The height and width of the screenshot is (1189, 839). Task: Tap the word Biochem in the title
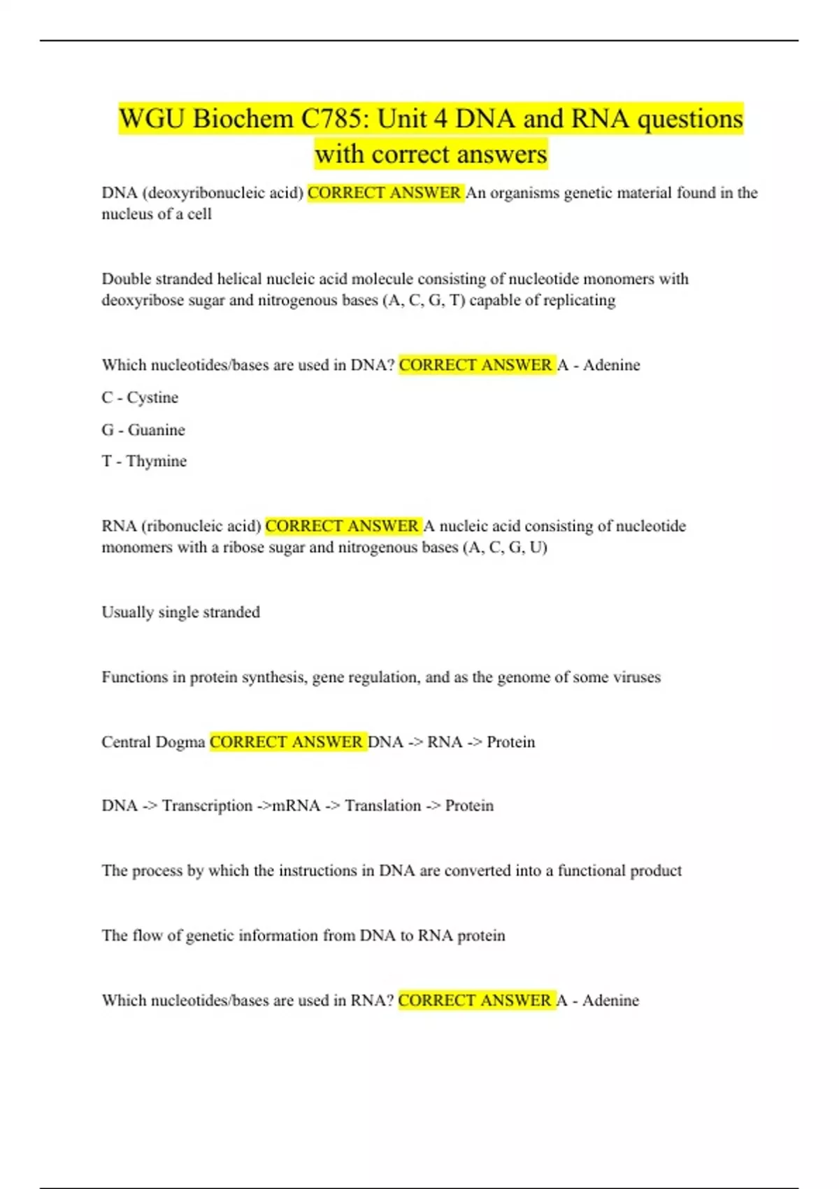(243, 119)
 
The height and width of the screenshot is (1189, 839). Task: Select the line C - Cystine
(140, 397)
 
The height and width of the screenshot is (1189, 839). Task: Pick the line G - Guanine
(143, 429)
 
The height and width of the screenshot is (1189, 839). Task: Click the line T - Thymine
(144, 461)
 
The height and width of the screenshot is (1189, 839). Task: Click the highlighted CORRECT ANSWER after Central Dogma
(287, 742)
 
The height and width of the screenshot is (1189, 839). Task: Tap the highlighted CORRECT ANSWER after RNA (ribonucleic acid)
(343, 526)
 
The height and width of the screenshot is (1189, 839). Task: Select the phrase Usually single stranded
(180, 612)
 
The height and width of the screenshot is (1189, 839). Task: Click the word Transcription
(207, 806)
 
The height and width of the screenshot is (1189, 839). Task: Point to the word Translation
(382, 806)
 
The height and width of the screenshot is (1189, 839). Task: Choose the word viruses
(636, 677)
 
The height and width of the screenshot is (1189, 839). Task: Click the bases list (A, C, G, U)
(505, 547)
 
